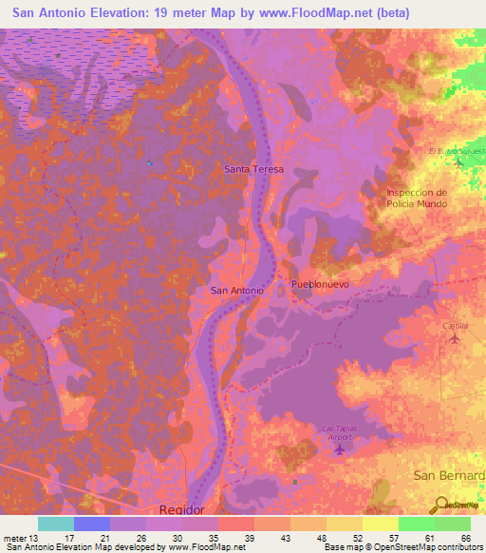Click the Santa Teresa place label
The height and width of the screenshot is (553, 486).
point(253,168)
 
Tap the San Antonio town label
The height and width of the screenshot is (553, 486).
point(235,290)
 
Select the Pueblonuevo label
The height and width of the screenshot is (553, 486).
point(321,284)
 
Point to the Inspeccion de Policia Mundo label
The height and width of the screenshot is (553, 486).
point(416,198)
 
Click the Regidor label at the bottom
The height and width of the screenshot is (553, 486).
point(181,509)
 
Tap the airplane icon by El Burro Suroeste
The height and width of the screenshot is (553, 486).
point(458,162)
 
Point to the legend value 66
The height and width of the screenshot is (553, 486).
point(465,537)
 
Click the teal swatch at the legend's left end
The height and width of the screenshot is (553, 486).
point(55,524)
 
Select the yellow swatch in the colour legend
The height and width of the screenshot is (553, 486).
point(380,524)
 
